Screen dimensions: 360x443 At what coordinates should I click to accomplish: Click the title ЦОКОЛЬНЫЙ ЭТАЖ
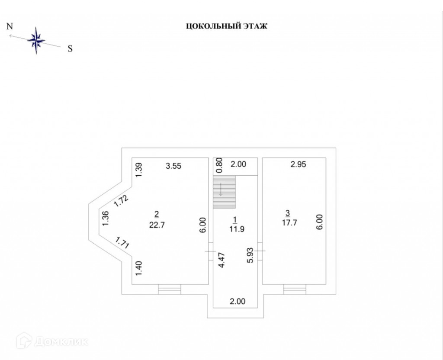click(x=227, y=26)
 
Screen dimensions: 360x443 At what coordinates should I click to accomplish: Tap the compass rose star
click(x=36, y=41)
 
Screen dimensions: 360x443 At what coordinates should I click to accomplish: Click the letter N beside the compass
click(x=9, y=26)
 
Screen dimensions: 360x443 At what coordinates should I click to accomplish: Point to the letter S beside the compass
click(x=69, y=48)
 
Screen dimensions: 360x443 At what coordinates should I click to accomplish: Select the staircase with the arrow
click(x=224, y=192)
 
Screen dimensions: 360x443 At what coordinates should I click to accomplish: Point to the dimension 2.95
click(x=298, y=164)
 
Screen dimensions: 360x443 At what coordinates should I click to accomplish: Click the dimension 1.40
click(x=138, y=269)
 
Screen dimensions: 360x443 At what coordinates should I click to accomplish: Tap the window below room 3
click(x=294, y=289)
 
